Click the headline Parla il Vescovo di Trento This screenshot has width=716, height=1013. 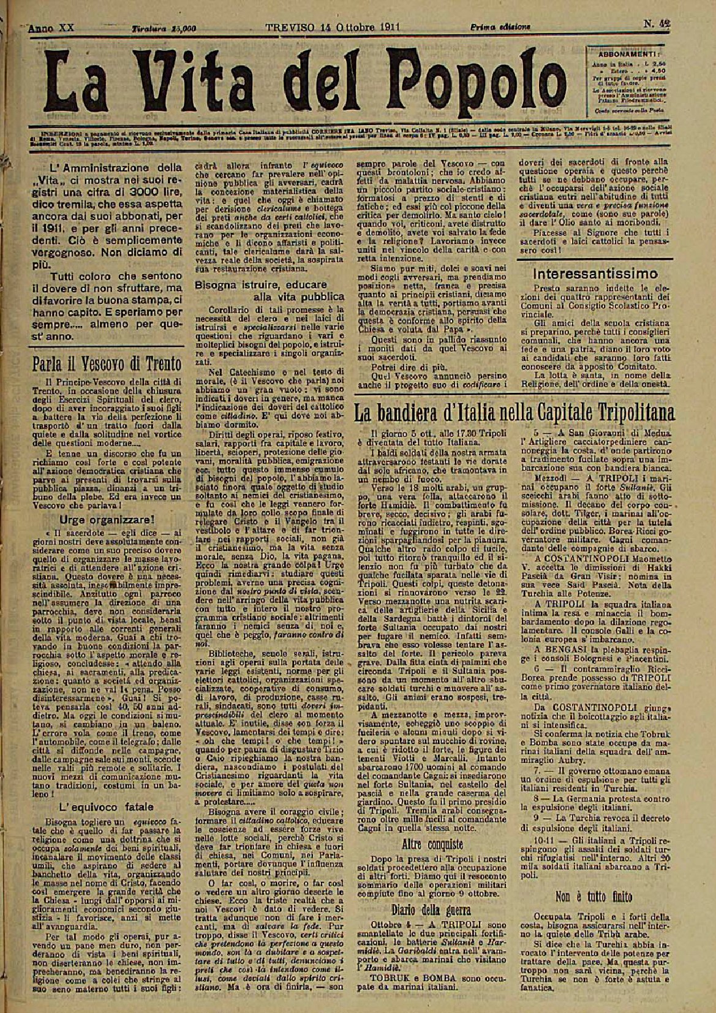click(108, 363)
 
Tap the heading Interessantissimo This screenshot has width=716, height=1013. click(587, 273)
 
